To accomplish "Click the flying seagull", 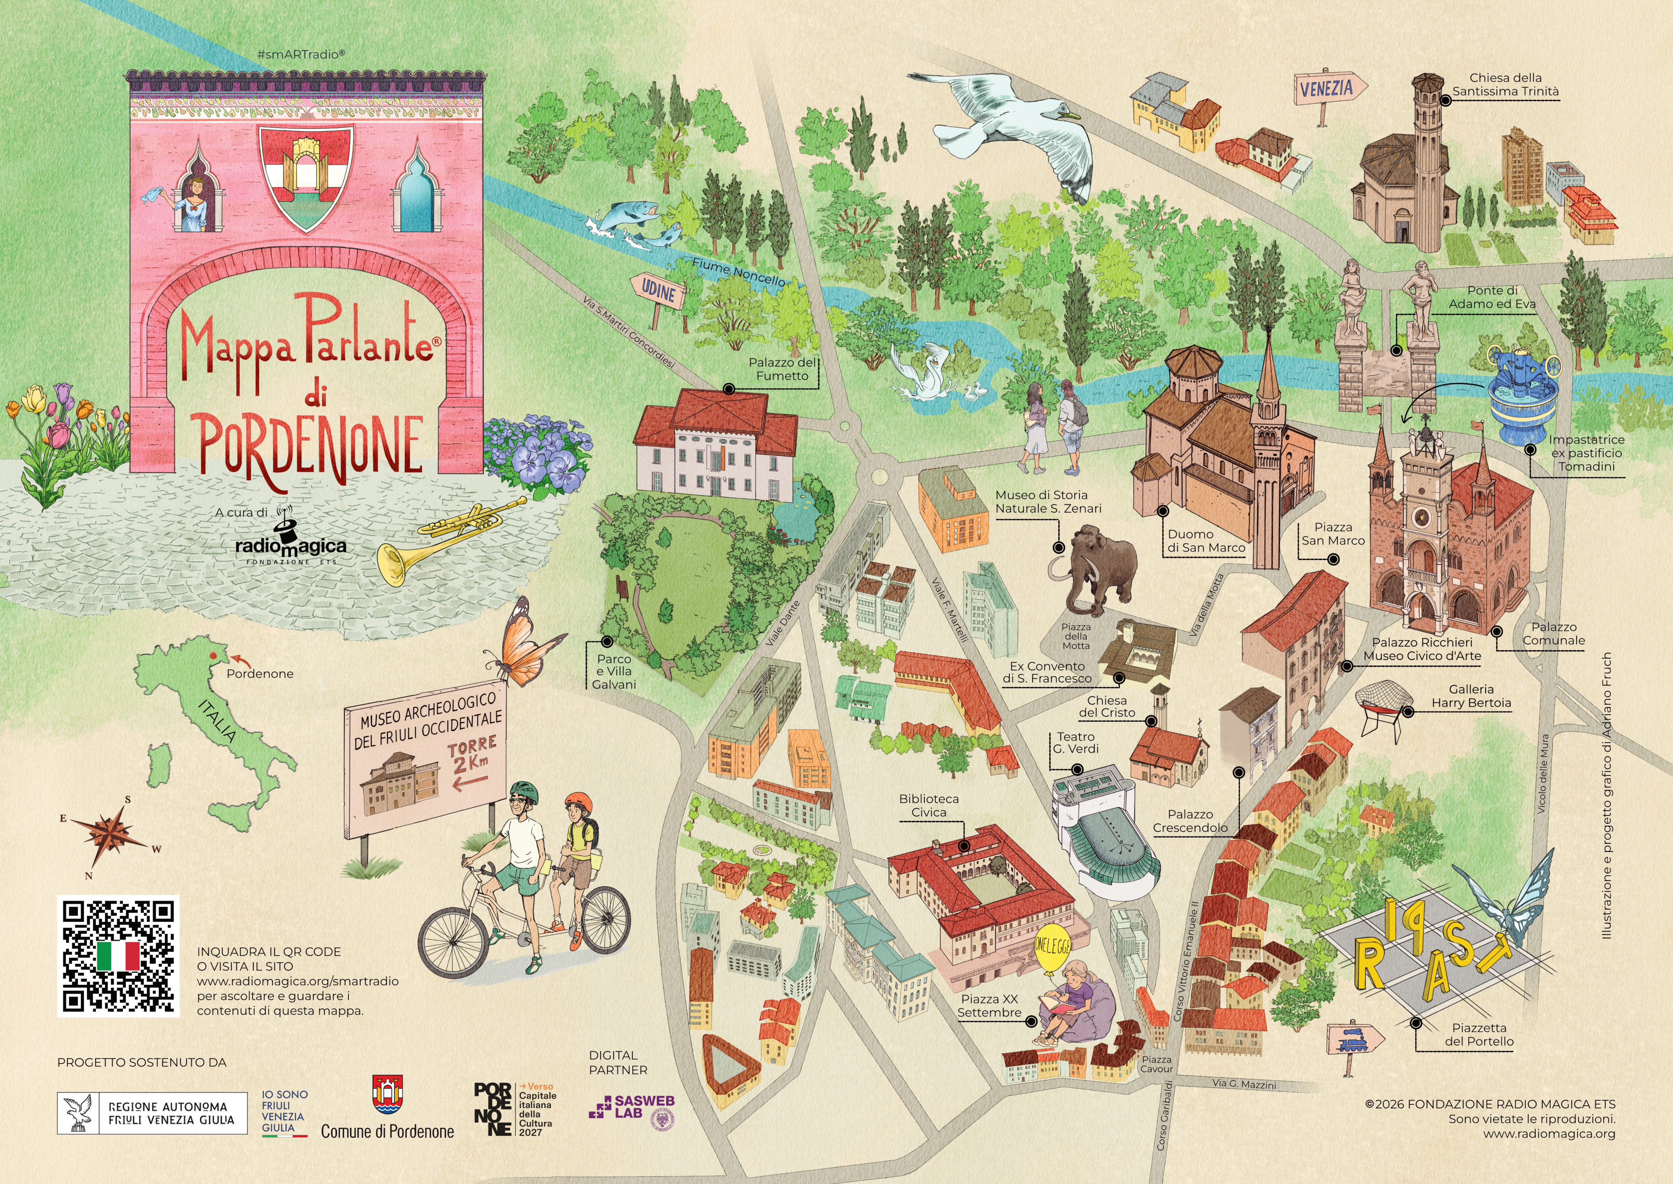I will point(1016,128).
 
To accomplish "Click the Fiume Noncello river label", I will point(738,273).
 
